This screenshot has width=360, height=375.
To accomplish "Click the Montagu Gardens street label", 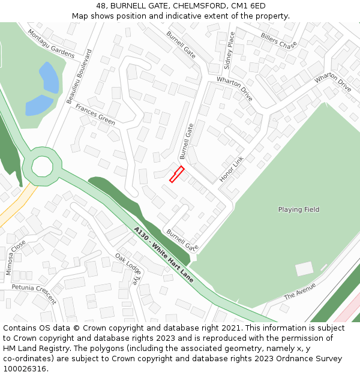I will pyautogui.click(x=50, y=44).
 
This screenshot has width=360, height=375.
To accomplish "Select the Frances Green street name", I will pyautogui.click(x=95, y=114).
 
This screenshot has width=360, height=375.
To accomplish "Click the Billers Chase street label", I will pyautogui.click(x=278, y=40).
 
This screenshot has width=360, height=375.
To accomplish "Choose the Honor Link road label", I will pyautogui.click(x=232, y=170).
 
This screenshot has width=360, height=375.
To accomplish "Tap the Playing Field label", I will pyautogui.click(x=298, y=209).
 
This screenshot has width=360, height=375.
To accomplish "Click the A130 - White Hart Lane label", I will pyautogui.click(x=164, y=255).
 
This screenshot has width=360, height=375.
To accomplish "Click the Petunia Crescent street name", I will pyautogui.click(x=34, y=294).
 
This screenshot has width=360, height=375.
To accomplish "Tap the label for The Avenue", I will pyautogui.click(x=299, y=291).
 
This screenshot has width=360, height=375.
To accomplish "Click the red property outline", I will pyautogui.click(x=176, y=174).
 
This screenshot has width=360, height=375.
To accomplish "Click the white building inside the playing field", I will pyautogui.click(x=304, y=269).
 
